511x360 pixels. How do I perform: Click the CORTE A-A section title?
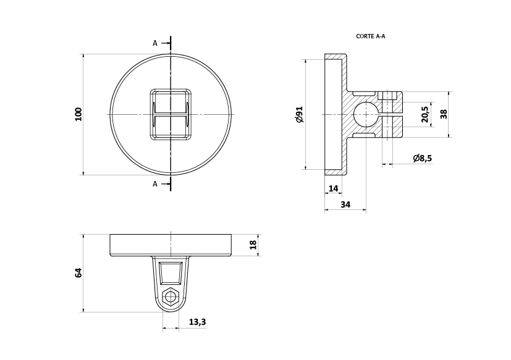[371, 36]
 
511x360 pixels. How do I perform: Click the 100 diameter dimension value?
[78, 114]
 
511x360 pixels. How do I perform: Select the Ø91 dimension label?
[300, 114]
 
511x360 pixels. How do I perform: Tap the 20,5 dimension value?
[424, 114]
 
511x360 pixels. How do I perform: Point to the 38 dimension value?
[444, 114]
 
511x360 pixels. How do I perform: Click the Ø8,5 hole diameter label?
[423, 158]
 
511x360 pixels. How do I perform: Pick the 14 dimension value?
[334, 188]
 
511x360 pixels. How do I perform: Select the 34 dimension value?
[345, 204]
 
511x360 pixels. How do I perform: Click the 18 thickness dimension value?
[253, 245]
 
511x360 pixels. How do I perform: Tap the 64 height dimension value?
[78, 273]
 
